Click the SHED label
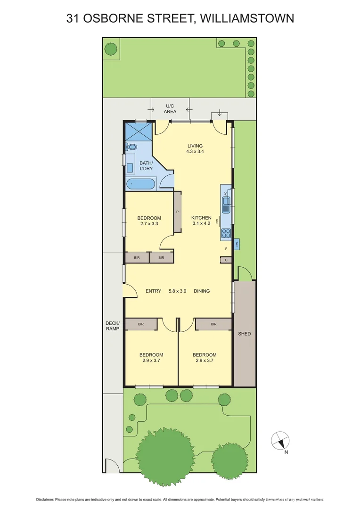click(245, 334)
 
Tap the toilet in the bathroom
click(131, 148)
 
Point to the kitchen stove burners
click(226, 232)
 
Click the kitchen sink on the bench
click(226, 206)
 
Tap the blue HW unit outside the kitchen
click(237, 244)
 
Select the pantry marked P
click(178, 212)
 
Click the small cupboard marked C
click(226, 260)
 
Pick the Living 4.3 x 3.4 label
click(195, 149)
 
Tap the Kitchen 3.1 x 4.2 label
click(201, 221)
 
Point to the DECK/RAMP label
click(112, 326)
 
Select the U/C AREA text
click(170, 108)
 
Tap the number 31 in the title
click(73, 18)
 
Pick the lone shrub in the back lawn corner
click(111, 48)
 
